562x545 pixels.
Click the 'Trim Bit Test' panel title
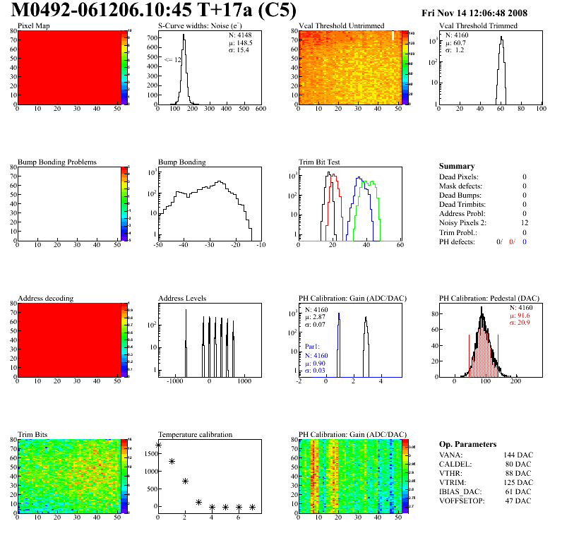point(320,162)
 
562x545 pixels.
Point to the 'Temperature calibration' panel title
point(195,435)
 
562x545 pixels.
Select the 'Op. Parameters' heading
point(467,444)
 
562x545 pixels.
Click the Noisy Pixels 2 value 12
point(523,223)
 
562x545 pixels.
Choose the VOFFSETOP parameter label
point(462,501)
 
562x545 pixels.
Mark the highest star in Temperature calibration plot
point(158,445)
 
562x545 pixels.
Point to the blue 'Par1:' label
point(313,347)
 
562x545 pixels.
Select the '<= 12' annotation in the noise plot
point(172,60)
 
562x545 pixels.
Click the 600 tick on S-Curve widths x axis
point(261,109)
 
